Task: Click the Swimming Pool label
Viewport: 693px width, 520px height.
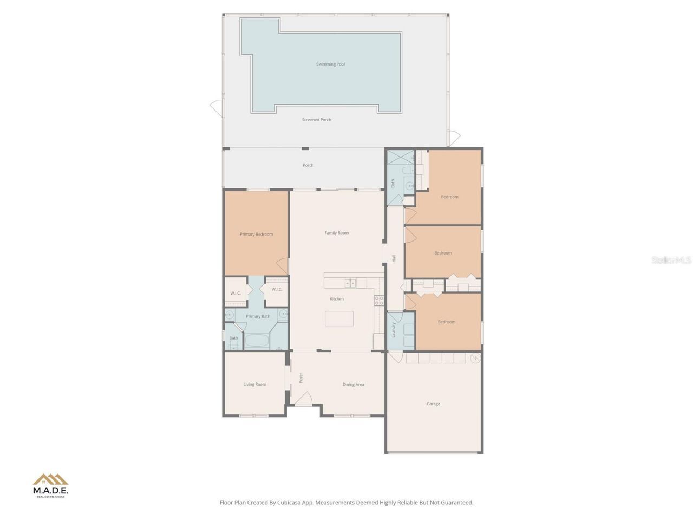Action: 330,64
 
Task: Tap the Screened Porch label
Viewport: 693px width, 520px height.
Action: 317,120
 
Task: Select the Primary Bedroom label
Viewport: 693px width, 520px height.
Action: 256,235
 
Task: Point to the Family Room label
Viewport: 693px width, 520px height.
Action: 336,233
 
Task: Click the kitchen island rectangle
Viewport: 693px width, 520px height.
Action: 339,318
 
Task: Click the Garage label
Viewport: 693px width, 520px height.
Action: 433,404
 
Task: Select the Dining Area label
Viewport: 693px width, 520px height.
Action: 353,385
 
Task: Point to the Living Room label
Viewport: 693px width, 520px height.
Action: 254,385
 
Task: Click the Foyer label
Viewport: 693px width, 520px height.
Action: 301,378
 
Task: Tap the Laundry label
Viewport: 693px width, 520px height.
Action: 394,329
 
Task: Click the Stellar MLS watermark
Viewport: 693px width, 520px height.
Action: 671,261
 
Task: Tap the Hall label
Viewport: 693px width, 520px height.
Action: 394,259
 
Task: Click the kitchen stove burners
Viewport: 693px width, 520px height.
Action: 380,301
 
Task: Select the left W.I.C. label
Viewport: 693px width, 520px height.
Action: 235,293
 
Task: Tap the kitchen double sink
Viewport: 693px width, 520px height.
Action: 350,283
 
